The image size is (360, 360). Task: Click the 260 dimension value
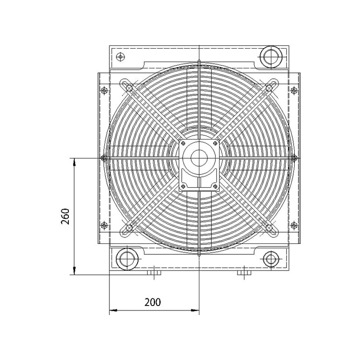(x=65, y=216)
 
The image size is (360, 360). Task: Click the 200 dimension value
(x=153, y=302)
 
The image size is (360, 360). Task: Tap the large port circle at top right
(x=271, y=57)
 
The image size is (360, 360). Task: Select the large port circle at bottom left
(x=127, y=259)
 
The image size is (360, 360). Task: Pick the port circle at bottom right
(x=272, y=259)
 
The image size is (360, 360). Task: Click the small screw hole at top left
(x=120, y=56)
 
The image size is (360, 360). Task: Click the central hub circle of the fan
(x=199, y=158)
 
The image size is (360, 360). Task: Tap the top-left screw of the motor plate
(x=183, y=144)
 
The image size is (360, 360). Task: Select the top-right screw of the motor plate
(x=216, y=144)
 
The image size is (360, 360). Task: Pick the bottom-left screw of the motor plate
(x=183, y=186)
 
